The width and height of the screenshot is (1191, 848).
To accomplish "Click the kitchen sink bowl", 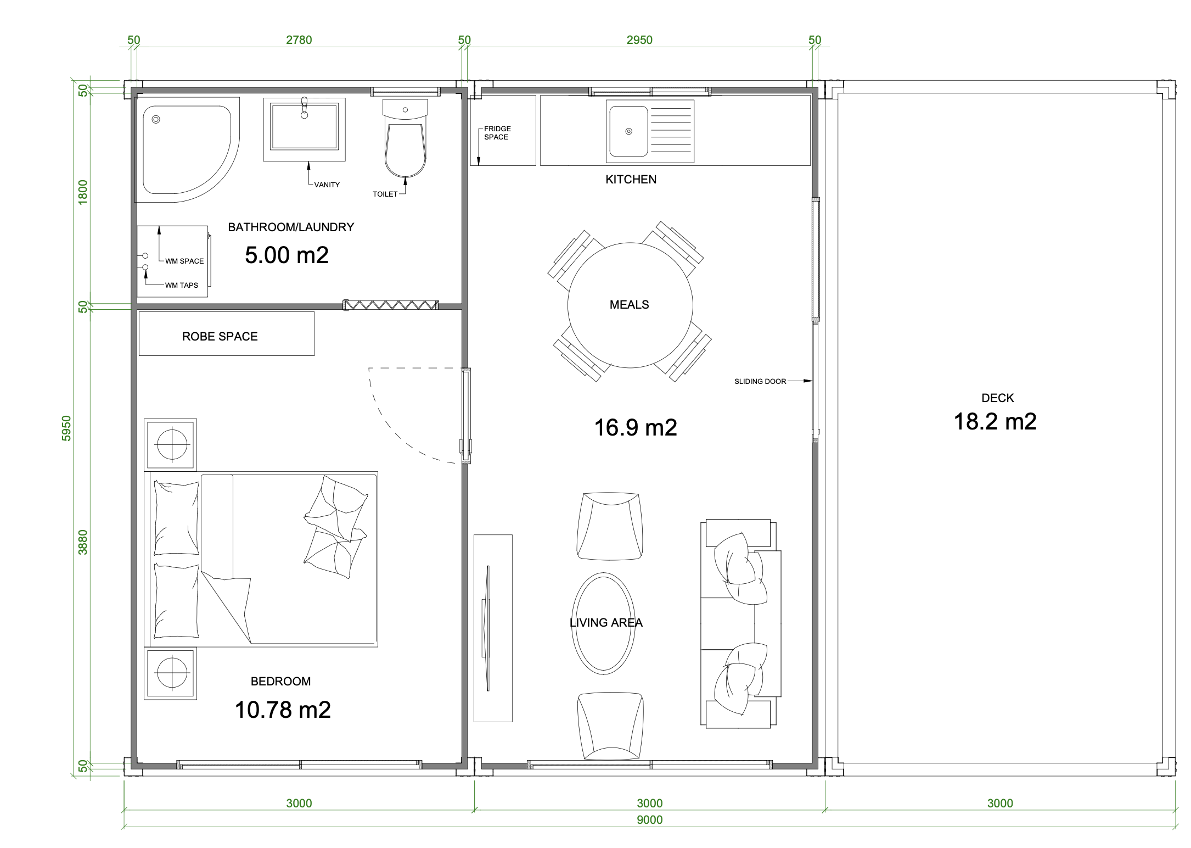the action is (x=628, y=132).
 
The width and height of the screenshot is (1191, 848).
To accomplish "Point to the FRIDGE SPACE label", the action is (x=497, y=133).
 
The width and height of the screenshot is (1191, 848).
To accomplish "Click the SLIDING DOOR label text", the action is (x=760, y=381).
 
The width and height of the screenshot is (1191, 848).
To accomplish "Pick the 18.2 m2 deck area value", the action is (x=995, y=422).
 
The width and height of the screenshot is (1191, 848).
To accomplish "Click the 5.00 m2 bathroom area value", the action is (x=286, y=255).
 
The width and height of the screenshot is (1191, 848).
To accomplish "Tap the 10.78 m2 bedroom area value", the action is (x=283, y=710).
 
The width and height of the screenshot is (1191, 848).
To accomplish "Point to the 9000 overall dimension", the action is (x=650, y=820).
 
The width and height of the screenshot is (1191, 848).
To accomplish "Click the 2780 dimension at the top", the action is (x=299, y=40).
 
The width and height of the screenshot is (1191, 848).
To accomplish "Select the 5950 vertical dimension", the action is (x=66, y=428).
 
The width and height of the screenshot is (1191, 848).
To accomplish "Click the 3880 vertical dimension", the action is (x=83, y=542).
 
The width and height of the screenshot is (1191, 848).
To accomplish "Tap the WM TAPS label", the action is (x=182, y=286).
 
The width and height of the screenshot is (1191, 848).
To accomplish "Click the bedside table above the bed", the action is (x=171, y=444).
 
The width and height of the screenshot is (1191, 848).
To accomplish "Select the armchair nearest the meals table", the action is (x=610, y=526).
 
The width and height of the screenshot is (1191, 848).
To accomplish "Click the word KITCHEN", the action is (x=631, y=180).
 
